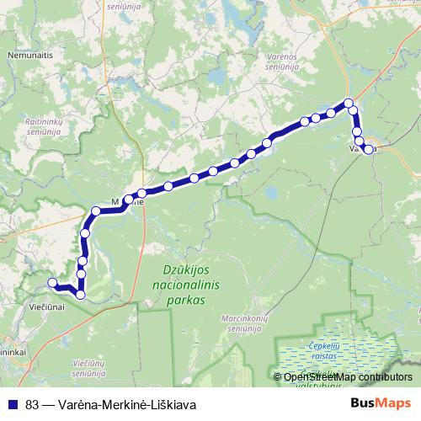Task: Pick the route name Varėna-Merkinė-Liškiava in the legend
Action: pos(125,403)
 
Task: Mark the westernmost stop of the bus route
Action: pos(52,283)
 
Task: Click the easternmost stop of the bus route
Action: pos(369,150)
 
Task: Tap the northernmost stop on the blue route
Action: pos(348,104)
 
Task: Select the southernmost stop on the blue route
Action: pos(81,294)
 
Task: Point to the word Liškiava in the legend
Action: pos(173,403)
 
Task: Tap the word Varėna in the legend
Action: pos(77,403)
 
